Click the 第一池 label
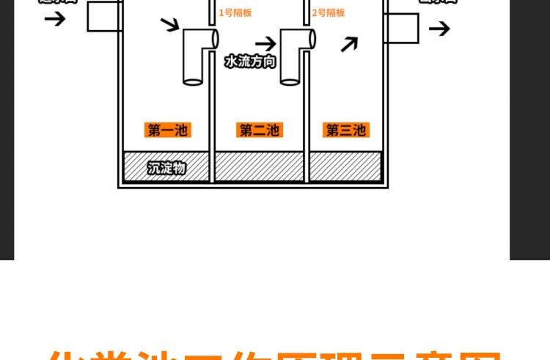(x=168, y=131)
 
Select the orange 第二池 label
(x=259, y=131)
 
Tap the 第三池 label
(x=345, y=131)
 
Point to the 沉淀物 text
(x=166, y=168)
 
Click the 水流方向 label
(x=250, y=62)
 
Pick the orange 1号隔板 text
(x=235, y=12)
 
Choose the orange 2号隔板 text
(x=329, y=12)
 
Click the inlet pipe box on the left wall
(x=104, y=16)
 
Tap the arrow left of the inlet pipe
(x=54, y=18)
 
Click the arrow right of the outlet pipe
(x=439, y=29)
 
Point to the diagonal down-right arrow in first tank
(x=169, y=25)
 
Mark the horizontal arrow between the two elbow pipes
(x=265, y=43)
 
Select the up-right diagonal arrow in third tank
(x=349, y=45)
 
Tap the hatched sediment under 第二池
(x=259, y=167)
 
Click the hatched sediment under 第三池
(x=345, y=167)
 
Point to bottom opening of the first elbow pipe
(x=193, y=81)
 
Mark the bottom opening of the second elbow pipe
(x=290, y=81)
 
